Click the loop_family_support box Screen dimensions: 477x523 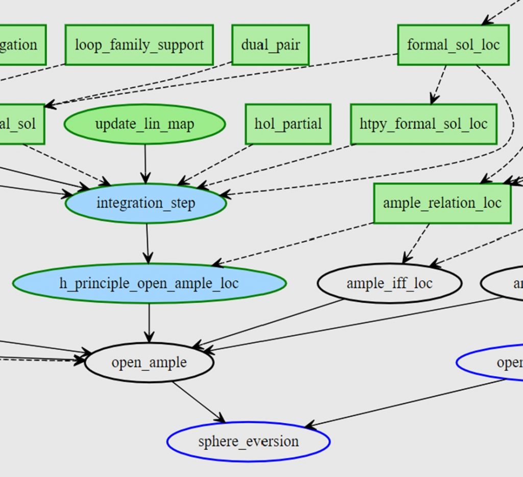(139, 45)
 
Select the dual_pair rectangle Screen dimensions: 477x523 (270, 45)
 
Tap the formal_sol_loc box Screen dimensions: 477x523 (453, 45)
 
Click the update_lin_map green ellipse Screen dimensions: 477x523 (145, 124)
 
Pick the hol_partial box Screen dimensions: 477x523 (288, 124)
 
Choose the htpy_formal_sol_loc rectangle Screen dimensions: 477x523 (423, 124)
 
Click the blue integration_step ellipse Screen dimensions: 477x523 (146, 203)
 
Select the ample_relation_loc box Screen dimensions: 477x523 (442, 203)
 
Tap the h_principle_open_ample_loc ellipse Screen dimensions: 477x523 (149, 283)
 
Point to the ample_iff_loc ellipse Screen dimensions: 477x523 (389, 283)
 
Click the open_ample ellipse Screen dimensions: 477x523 (149, 362)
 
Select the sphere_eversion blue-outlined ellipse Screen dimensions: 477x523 (248, 442)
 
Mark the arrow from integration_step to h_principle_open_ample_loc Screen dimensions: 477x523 (147, 243)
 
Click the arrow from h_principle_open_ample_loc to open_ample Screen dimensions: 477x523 (149, 323)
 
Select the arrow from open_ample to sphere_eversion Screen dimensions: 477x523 (198, 402)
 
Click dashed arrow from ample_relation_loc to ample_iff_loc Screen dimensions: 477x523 (416, 243)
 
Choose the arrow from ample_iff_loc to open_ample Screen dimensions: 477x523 (268, 325)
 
